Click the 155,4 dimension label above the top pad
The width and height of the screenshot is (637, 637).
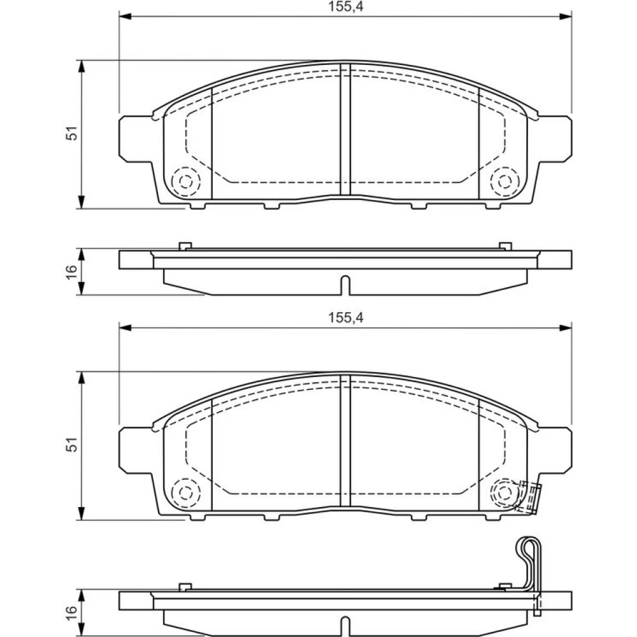(346, 6)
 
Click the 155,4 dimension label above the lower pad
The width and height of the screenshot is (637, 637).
(346, 318)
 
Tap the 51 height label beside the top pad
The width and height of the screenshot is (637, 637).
(71, 134)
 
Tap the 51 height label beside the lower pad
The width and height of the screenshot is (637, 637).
(71, 445)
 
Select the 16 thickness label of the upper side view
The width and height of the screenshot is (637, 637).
(71, 271)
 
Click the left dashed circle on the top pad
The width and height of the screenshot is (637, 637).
(186, 181)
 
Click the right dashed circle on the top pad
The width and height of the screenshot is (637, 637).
(505, 181)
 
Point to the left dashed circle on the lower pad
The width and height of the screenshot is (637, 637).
(186, 493)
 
